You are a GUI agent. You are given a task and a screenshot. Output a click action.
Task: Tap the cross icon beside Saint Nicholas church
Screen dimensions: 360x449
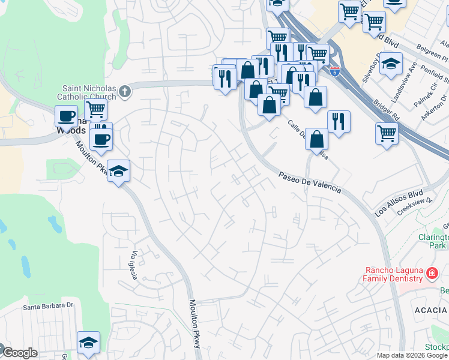124,91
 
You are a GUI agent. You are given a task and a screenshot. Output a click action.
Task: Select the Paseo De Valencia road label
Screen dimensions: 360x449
310,182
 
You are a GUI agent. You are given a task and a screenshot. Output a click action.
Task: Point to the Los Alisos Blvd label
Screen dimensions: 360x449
399,205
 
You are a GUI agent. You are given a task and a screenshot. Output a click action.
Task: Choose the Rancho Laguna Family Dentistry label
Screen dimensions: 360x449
393,274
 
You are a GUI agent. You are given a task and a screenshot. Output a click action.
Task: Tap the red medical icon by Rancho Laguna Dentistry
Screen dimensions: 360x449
431,274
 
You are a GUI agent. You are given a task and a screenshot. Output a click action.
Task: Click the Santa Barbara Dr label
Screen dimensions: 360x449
48,306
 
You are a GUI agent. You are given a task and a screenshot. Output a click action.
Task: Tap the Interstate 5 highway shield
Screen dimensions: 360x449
335,71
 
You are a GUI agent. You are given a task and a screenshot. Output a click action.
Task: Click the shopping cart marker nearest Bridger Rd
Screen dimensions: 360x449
387,132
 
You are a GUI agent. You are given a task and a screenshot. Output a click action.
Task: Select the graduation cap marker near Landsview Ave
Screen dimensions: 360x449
390,64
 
